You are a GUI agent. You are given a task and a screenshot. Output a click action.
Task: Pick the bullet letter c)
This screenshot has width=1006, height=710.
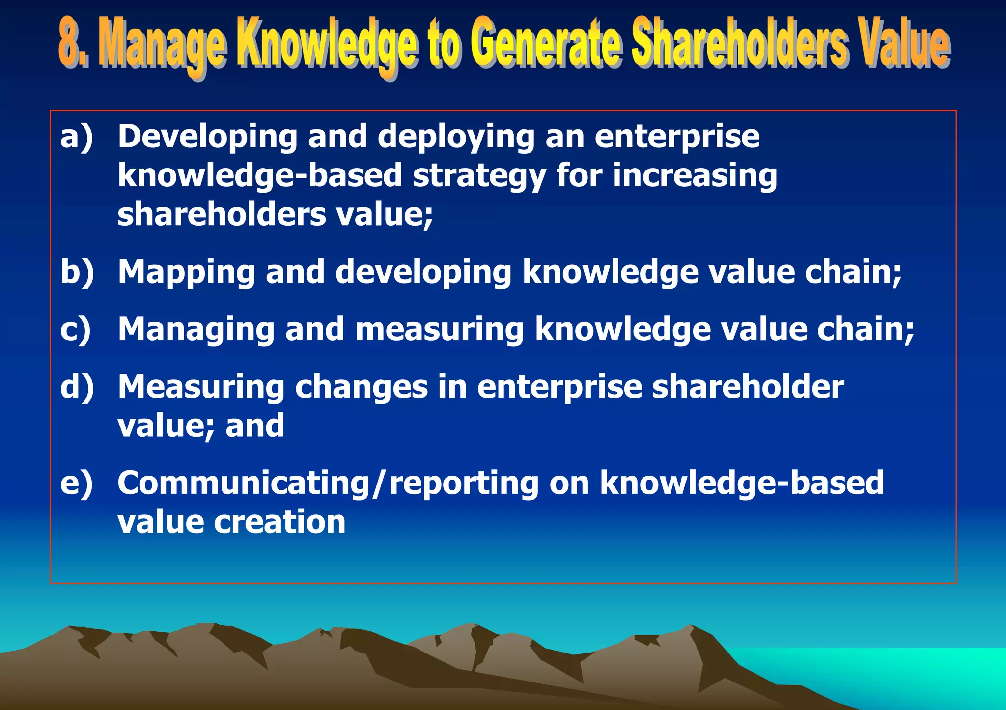[x=76, y=329]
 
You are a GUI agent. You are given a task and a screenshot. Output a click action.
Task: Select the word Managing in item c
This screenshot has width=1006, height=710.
[x=196, y=329]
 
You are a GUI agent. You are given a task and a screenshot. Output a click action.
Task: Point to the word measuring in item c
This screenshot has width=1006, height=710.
[x=440, y=329]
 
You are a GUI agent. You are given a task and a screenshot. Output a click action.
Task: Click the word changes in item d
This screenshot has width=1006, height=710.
[x=361, y=387]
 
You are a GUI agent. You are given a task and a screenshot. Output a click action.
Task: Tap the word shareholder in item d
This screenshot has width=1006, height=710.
[x=748, y=387]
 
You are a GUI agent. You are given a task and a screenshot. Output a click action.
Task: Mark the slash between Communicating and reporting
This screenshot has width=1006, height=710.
[x=378, y=484]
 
